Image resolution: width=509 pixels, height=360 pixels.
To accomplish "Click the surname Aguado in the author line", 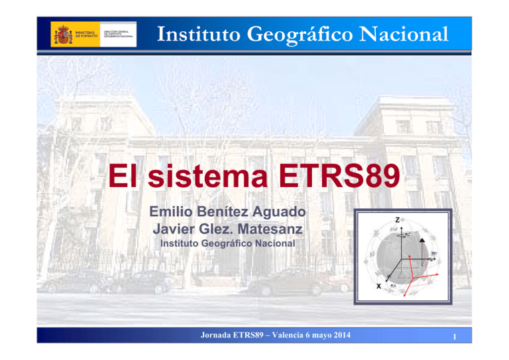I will (x=273, y=213).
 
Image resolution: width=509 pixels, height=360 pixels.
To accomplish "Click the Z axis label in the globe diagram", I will (x=396, y=219).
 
